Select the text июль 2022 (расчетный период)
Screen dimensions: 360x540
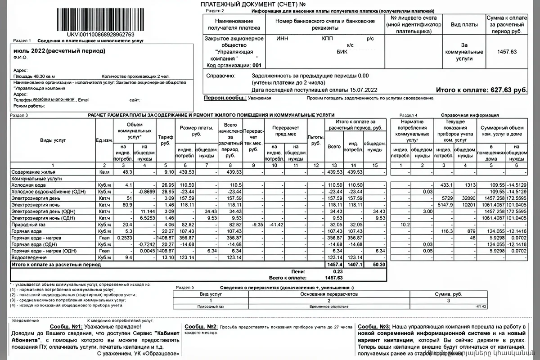point(59,51)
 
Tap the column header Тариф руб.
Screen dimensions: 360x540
point(165,140)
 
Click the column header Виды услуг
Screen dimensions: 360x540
point(53,140)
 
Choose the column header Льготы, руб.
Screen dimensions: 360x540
point(315,140)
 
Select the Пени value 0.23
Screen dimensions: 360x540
point(335,271)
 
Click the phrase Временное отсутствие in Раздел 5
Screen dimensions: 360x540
point(328,306)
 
